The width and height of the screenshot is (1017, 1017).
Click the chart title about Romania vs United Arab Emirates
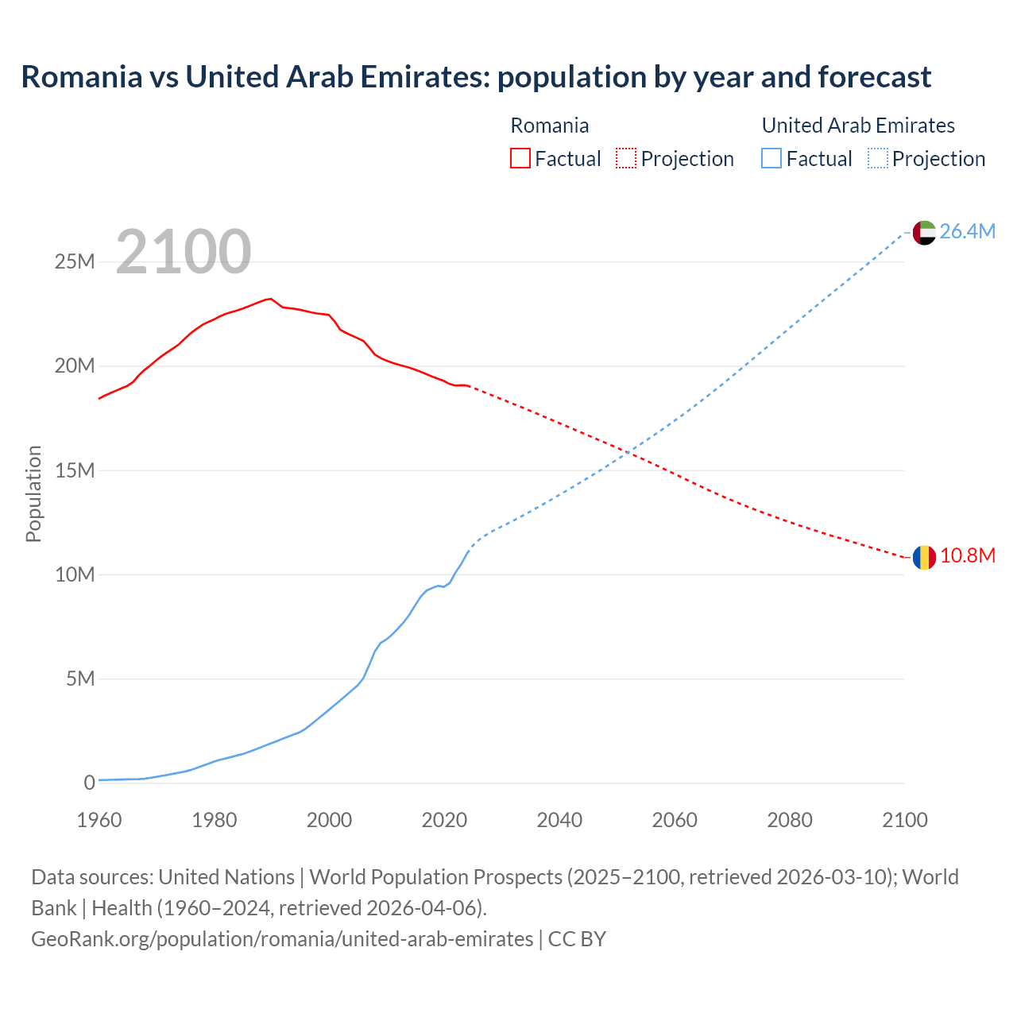(476, 77)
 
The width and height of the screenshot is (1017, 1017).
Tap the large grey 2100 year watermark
(184, 252)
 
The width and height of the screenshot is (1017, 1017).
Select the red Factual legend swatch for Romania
(520, 158)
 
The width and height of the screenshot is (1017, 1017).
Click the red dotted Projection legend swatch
(626, 158)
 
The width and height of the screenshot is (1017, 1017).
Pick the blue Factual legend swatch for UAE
(771, 158)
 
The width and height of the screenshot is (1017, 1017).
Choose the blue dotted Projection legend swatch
(878, 158)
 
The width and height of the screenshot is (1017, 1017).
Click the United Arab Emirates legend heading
(858, 126)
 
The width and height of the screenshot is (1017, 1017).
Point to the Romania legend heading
(549, 126)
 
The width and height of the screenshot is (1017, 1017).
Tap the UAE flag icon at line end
(924, 232)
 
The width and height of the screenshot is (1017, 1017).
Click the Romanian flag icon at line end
(924, 558)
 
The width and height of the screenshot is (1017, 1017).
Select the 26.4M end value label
(967, 231)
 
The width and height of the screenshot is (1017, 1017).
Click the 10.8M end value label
(967, 555)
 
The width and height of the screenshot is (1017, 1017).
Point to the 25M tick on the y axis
(75, 261)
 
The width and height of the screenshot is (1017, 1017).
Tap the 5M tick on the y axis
(80, 679)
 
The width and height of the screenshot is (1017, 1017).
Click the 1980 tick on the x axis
(215, 820)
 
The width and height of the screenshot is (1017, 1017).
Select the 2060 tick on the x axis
(675, 820)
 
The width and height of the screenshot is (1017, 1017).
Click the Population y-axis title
(33, 493)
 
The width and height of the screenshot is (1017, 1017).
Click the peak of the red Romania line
(271, 299)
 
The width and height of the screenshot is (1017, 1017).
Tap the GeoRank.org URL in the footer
(282, 939)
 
